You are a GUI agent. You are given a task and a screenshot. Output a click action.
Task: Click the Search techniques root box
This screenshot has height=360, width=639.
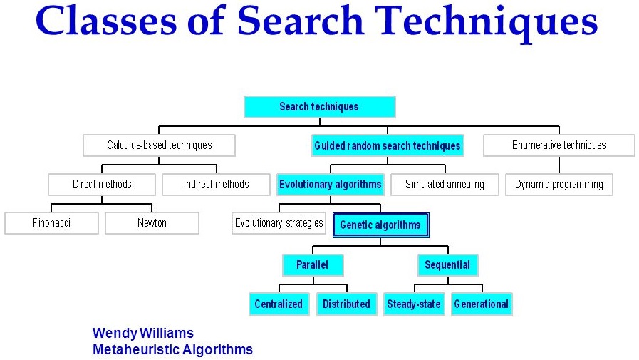pos(319,107)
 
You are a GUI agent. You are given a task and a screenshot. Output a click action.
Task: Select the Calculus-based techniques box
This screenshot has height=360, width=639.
pos(160,145)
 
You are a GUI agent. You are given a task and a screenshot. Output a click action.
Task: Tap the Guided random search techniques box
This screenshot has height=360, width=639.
pos(388,145)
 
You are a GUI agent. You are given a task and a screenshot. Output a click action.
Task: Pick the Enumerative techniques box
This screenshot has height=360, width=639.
pos(559,145)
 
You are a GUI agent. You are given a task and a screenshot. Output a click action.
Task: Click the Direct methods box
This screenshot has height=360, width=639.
pos(103,185)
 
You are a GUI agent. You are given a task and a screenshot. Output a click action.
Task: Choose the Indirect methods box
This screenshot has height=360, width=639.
pos(217,185)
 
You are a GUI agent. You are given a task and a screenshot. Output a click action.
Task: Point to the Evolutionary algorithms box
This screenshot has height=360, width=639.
pos(331,185)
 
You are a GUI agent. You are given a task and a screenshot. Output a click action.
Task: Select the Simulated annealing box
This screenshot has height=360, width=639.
pos(445,185)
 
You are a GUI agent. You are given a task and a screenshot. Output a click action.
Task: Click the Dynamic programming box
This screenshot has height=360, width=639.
pos(559,185)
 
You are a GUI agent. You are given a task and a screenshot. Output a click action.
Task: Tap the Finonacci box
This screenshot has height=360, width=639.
pos(52,223)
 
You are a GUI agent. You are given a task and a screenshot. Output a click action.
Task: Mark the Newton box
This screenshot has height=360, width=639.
pos(152,223)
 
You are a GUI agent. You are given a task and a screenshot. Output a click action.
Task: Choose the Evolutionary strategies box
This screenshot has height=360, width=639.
pos(279,223)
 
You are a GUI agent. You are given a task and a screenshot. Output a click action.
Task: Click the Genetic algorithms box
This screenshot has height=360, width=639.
pos(380,225)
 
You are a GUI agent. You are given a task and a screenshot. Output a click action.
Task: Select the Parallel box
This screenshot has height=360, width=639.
pos(313,265)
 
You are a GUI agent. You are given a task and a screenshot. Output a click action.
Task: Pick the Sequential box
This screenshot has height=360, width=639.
pos(447,265)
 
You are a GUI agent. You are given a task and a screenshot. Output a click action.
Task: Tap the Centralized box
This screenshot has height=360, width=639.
pos(279,304)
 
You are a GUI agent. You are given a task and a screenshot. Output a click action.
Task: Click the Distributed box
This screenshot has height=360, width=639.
pos(346,304)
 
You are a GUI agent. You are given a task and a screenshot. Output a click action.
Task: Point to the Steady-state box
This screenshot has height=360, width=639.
pos(414,304)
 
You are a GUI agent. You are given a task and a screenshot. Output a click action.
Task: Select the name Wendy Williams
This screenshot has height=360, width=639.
pos(143,334)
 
